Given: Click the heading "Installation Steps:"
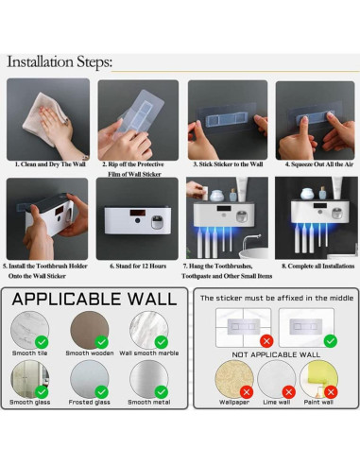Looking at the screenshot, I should coord(60,62).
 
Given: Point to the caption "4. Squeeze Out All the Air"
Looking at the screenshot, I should coord(316,164).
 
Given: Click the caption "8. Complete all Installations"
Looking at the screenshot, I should coord(316,267).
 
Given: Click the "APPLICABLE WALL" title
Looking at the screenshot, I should coord(94,300).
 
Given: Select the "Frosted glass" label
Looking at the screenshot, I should coord(91,402).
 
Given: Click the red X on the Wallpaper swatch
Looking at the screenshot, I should coord(246,389).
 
